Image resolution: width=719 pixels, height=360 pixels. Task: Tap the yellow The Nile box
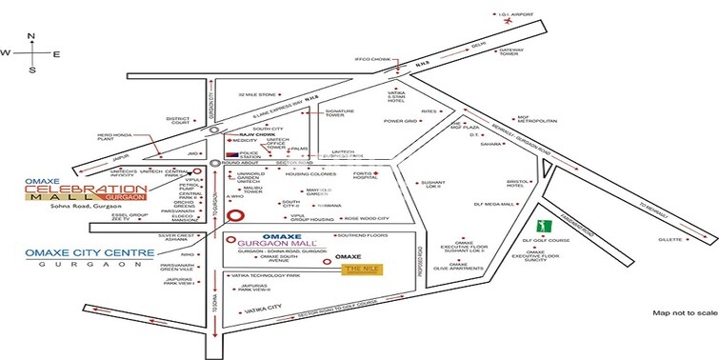[362, 269]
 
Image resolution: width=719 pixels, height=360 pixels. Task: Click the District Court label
[181, 121]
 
